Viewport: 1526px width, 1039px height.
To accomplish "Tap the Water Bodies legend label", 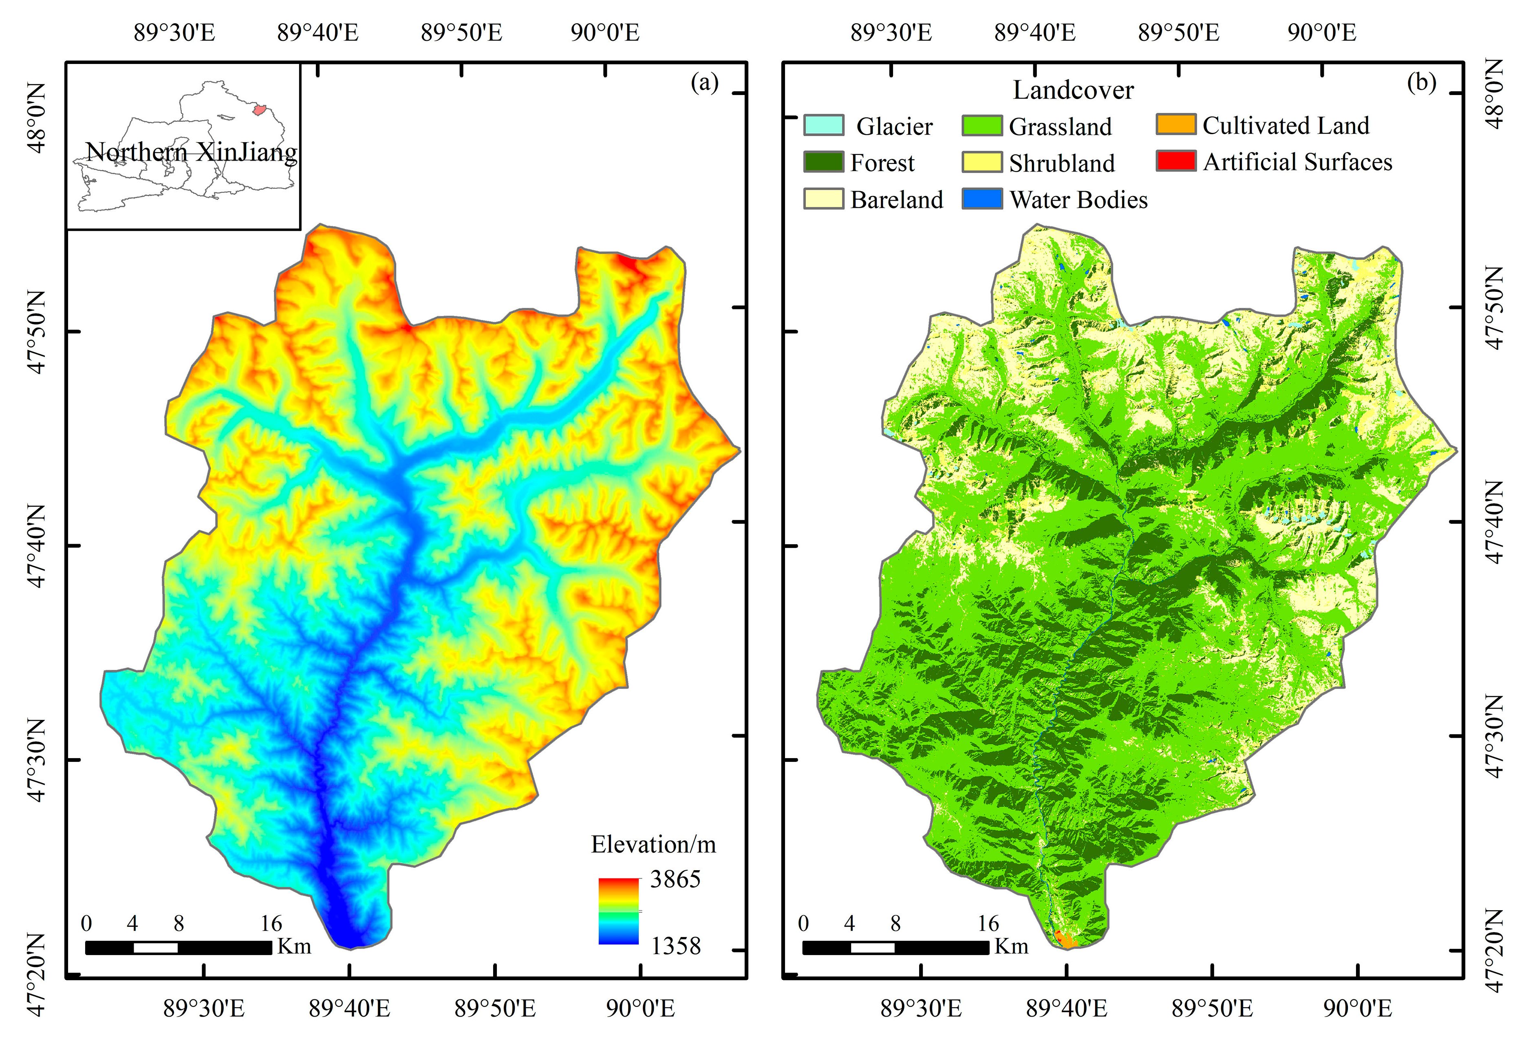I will pyautogui.click(x=1078, y=200).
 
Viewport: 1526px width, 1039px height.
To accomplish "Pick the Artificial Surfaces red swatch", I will pyautogui.click(x=1175, y=161).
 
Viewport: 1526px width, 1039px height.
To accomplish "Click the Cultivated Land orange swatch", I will pyautogui.click(x=1175, y=125).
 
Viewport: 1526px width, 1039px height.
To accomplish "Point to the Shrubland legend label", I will pyautogui.click(x=1062, y=163).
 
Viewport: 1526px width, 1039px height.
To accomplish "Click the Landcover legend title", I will pyautogui.click(x=1073, y=90).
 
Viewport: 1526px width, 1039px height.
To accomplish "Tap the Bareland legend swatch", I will pyautogui.click(x=823, y=199).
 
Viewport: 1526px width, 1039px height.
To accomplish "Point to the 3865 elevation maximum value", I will pyautogui.click(x=675, y=879).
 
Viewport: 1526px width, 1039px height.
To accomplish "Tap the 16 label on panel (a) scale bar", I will pyautogui.click(x=271, y=923).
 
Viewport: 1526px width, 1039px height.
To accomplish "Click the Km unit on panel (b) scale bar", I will pyautogui.click(x=1011, y=946).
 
